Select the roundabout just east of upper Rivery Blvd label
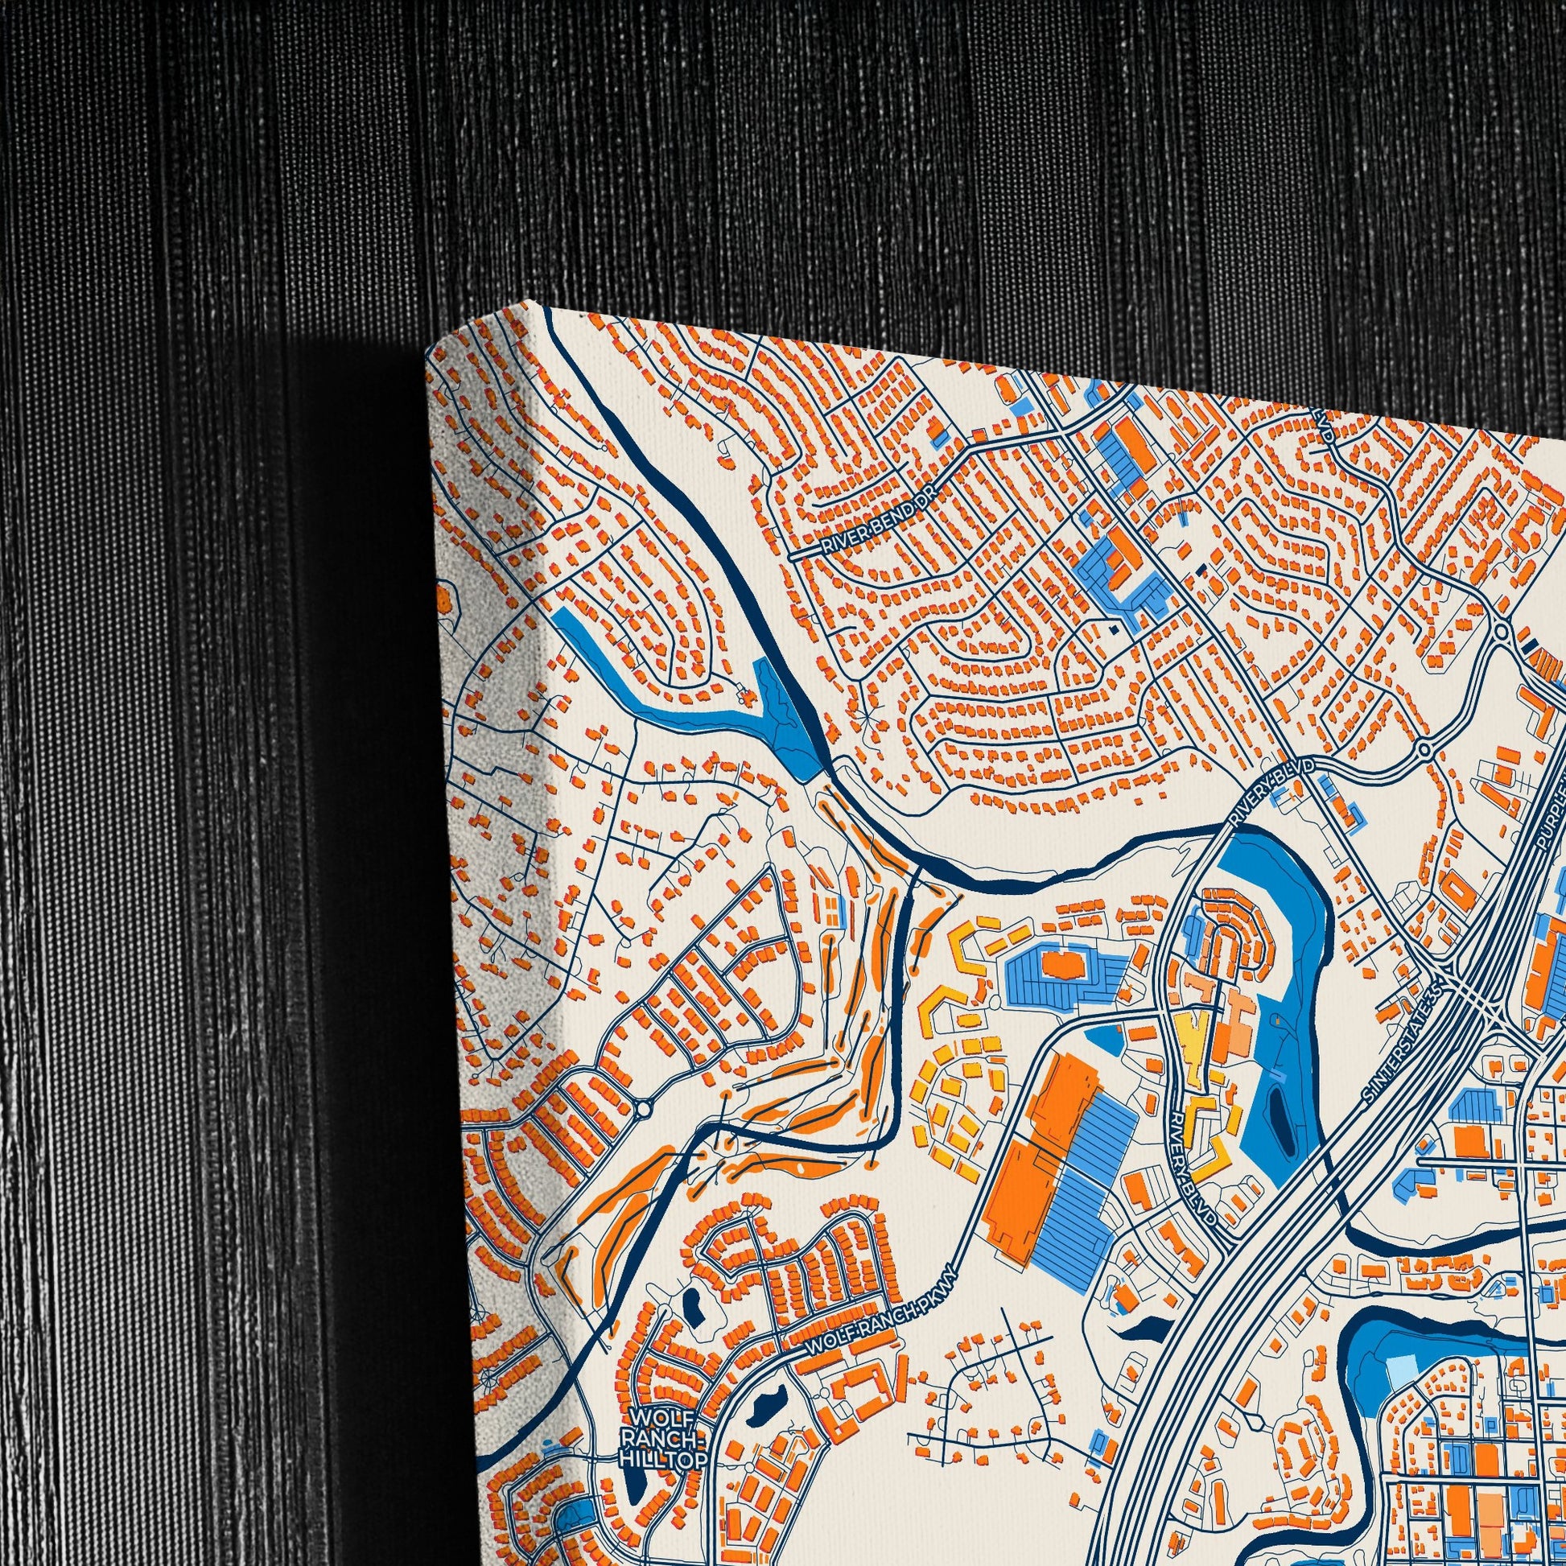pyautogui.click(x=1424, y=749)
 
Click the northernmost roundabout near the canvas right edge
pyautogui.click(x=1501, y=631)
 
